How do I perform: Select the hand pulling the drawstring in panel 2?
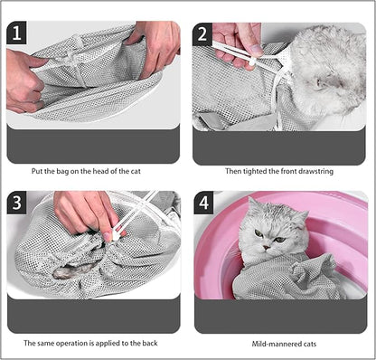click(237, 41)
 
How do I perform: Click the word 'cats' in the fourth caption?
click(303, 344)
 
